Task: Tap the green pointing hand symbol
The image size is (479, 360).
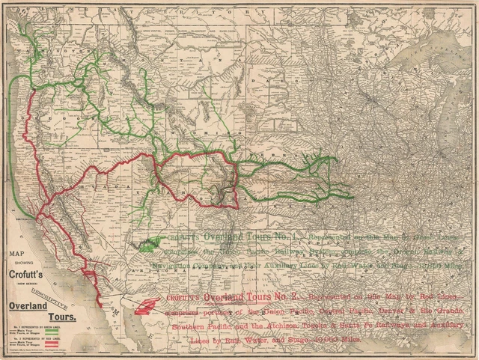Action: point(153,242)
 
